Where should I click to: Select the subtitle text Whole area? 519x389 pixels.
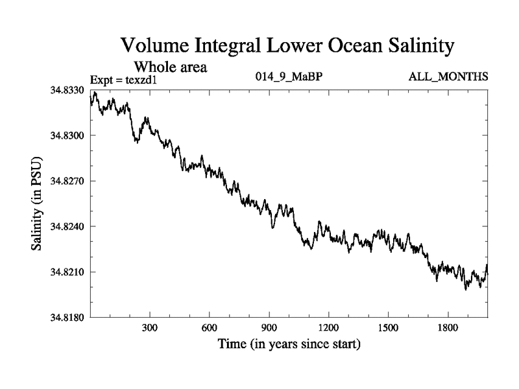click(x=170, y=66)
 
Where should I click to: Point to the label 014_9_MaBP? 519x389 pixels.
click(x=289, y=77)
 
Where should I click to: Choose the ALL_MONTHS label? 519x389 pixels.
click(x=448, y=77)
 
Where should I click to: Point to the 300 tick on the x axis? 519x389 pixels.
click(x=150, y=327)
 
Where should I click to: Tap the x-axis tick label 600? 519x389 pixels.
click(x=210, y=327)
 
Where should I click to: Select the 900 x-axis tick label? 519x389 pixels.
click(x=269, y=327)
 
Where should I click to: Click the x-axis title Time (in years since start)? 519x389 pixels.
click(x=289, y=344)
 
